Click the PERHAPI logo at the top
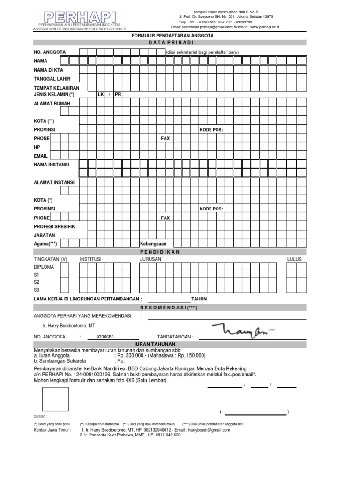click(x=77, y=17)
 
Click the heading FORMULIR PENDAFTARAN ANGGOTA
click(x=169, y=36)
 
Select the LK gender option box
click(x=100, y=94)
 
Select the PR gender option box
click(x=118, y=94)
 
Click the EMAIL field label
click(x=41, y=156)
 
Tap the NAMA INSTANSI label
click(x=51, y=165)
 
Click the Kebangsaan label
click(x=153, y=244)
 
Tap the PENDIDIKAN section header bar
click(x=169, y=252)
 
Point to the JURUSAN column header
click(x=150, y=259)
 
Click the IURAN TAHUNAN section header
click(x=169, y=345)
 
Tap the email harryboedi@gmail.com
click(x=208, y=430)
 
